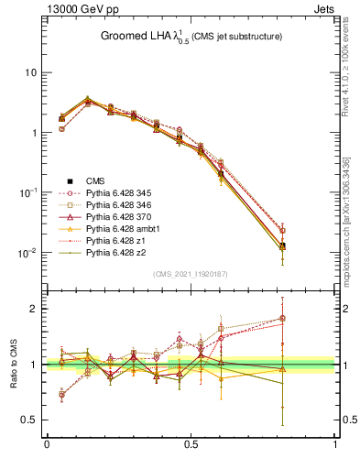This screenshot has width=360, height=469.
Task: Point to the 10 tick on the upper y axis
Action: [29, 72]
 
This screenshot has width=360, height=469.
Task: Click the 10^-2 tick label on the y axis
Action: [27, 253]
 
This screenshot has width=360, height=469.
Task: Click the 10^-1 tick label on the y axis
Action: [27, 192]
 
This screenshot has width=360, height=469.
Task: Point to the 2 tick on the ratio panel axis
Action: [33, 309]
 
